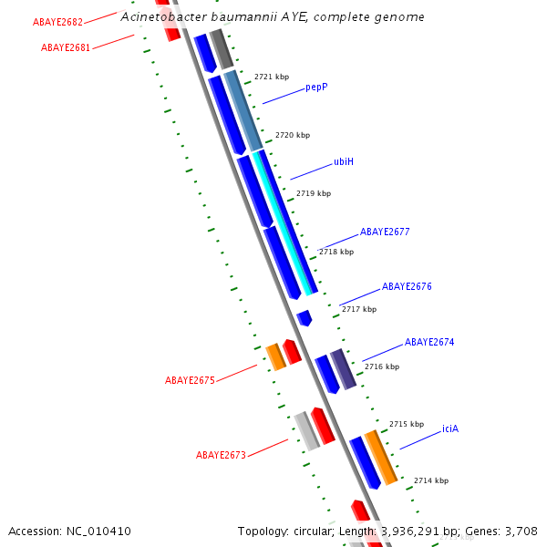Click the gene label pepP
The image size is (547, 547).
tap(316, 87)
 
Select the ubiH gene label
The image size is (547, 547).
tap(344, 161)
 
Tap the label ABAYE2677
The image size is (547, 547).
tap(385, 232)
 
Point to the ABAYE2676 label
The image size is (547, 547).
tap(407, 286)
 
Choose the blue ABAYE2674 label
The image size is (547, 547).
tap(429, 342)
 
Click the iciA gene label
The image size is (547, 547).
tap(450, 428)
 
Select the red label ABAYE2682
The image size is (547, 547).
tap(57, 22)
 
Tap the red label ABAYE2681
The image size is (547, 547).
tap(66, 47)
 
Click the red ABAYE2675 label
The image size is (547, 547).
tap(190, 380)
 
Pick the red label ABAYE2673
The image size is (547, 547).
tap(221, 455)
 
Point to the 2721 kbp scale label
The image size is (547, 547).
tap(272, 77)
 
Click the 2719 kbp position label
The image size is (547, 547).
tap(314, 193)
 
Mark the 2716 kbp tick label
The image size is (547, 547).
tap(382, 366)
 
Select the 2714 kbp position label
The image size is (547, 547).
tap(431, 480)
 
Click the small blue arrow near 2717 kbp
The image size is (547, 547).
tap(304, 318)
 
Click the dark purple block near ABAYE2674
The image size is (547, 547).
tap(344, 369)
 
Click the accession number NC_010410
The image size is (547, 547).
tap(98, 532)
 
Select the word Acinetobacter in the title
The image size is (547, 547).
tap(164, 16)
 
